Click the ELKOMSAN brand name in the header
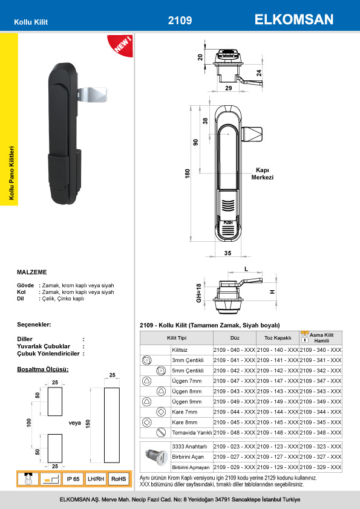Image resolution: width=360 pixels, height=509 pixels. point(293,19)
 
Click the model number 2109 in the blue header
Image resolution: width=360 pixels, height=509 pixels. point(180,21)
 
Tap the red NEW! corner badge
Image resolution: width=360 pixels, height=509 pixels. point(122,45)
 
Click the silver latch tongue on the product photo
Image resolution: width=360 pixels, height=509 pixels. point(93,94)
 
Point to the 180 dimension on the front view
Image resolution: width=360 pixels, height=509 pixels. point(188,173)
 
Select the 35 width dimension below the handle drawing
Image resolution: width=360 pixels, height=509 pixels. point(227,253)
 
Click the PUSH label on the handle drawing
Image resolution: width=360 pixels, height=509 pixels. point(228,222)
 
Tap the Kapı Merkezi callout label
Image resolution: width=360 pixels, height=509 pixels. point(262,173)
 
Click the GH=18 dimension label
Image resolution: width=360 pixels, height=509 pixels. point(199,293)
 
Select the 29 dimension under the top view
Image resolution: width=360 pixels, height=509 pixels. point(229,88)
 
